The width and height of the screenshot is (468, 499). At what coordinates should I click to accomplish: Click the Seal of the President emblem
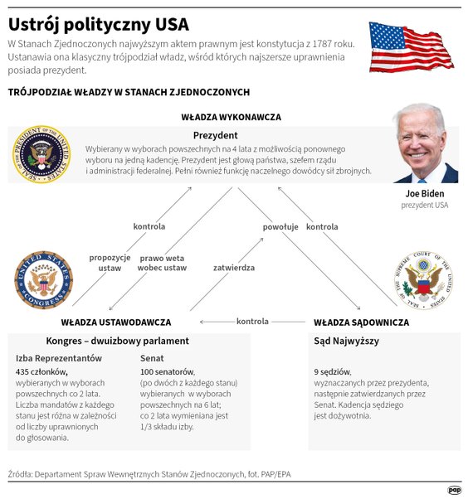(41, 154)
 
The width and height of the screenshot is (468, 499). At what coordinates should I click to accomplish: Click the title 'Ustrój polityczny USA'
(99, 23)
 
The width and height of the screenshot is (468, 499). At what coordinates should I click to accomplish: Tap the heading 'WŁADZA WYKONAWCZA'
(231, 118)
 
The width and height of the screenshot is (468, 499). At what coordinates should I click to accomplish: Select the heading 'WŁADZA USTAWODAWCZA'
(116, 322)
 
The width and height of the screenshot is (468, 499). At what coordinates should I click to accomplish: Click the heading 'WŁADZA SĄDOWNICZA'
(361, 322)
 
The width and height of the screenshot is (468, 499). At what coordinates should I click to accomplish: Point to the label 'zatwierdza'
(234, 269)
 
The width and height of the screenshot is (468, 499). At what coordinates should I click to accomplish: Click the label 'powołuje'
(280, 226)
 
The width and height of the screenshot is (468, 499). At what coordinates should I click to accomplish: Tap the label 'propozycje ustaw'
(110, 263)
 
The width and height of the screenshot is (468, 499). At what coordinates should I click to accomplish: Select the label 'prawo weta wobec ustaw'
(163, 263)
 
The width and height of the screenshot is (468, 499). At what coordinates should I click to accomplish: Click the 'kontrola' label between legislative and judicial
(253, 322)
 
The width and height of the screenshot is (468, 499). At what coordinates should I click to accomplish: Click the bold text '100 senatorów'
(168, 372)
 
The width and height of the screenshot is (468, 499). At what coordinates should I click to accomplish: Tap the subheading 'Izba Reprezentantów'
(59, 358)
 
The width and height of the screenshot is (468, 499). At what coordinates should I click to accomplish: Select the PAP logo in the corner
(454, 490)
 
